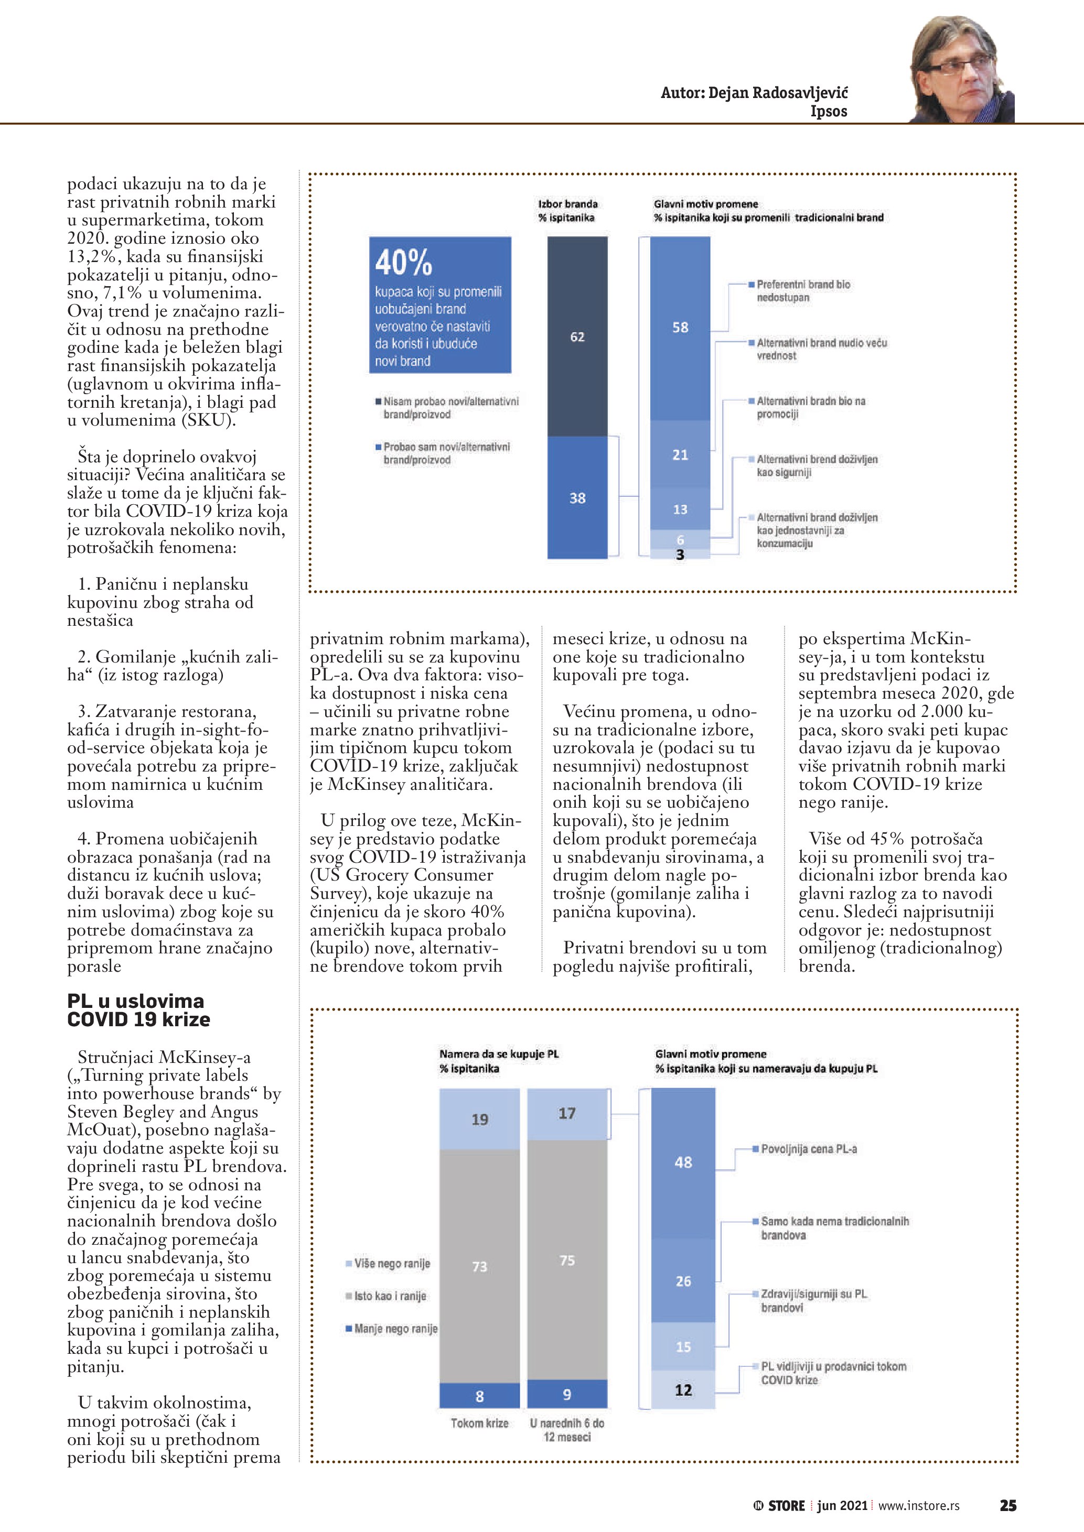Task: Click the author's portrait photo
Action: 962,70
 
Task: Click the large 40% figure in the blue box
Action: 404,262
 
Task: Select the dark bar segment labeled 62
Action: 577,337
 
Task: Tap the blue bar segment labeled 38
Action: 577,498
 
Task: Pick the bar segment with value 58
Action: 680,328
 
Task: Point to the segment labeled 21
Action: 680,454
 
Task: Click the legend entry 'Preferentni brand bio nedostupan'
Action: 803,291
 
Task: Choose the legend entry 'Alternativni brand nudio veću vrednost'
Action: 821,349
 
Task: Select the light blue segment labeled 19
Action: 479,1119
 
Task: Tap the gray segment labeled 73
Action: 479,1266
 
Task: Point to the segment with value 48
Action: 683,1161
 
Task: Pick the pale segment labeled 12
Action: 683,1390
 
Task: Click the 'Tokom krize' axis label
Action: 479,1423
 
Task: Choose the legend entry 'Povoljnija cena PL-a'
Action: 808,1149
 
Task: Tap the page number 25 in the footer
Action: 1008,1505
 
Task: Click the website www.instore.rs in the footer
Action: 918,1505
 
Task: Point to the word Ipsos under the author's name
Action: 829,112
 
